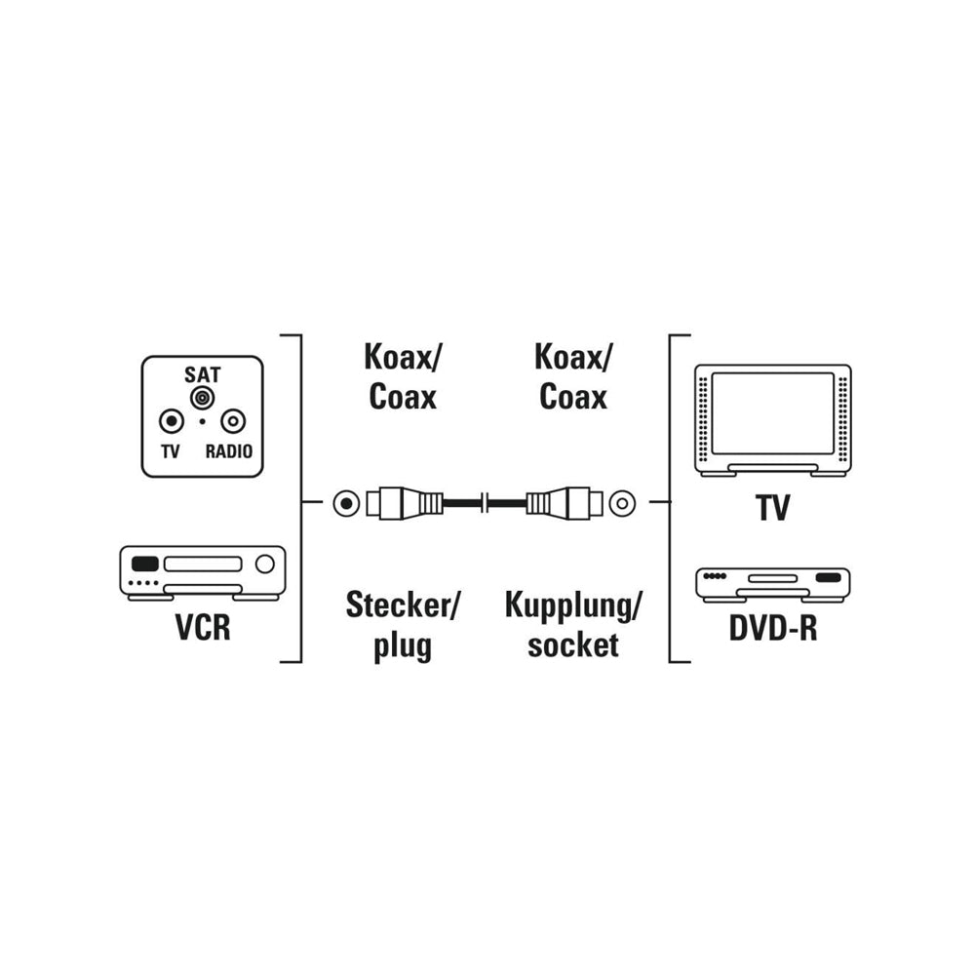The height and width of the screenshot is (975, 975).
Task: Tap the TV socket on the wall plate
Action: tap(172, 421)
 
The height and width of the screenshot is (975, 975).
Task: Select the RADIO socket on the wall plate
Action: tap(233, 421)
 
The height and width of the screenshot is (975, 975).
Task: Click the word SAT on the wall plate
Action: tap(202, 374)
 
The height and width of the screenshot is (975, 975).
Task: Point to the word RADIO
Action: tap(229, 451)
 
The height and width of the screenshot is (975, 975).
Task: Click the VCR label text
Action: tap(203, 627)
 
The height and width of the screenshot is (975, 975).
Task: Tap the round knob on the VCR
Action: tap(265, 564)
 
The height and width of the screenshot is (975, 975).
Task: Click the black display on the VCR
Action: tap(145, 564)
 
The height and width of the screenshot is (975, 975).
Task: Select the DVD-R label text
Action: tap(773, 628)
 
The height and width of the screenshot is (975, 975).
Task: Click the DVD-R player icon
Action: tap(773, 584)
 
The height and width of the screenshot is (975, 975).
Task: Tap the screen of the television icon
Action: tap(773, 413)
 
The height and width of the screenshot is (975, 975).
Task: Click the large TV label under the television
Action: tap(773, 507)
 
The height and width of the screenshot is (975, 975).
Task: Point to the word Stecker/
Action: tap(403, 605)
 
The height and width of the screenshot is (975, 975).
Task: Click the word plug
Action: tap(403, 646)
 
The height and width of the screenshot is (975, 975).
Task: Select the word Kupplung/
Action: tap(572, 605)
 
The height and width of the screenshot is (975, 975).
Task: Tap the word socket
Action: tap(572, 644)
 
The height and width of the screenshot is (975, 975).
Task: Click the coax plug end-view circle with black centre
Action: tap(346, 503)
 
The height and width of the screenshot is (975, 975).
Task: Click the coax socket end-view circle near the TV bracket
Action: tap(622, 503)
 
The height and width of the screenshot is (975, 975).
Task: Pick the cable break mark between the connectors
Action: tap(485, 503)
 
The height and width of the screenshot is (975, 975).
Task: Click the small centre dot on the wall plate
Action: tap(202, 421)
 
